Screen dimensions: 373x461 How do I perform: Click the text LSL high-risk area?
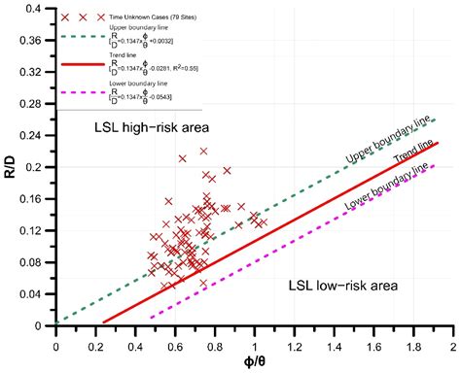(150, 129)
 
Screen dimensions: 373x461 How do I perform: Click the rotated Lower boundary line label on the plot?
(388, 187)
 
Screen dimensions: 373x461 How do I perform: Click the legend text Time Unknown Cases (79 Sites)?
(155, 18)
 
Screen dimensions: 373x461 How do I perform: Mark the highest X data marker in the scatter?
(203, 152)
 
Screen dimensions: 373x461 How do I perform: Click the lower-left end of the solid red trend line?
(104, 322)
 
